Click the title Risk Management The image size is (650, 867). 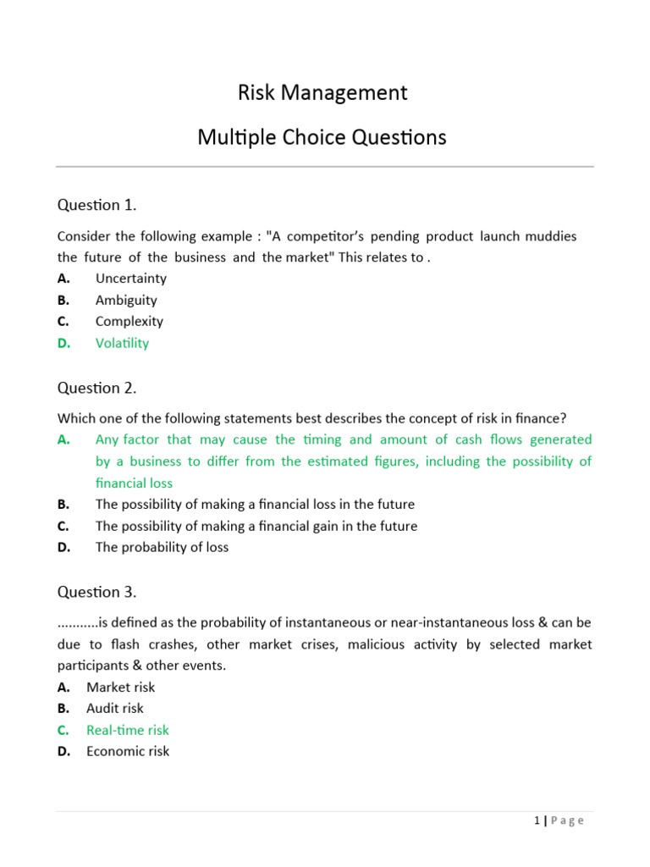pos(322,92)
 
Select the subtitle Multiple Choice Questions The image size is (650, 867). pos(322,137)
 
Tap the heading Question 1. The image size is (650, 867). pos(96,205)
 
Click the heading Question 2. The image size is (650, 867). pos(96,388)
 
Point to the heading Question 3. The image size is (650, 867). pos(96,592)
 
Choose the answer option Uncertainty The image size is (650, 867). pos(131,279)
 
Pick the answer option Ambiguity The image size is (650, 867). pos(126,300)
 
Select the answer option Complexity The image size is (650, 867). pos(129,322)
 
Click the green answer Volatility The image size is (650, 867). pos(122,343)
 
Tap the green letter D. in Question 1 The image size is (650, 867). pos(64,343)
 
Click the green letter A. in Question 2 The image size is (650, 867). pos(64,439)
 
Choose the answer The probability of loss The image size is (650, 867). pos(162,547)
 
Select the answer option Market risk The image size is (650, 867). pos(120,688)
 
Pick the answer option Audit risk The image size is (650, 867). pos(115,709)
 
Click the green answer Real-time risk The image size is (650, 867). pos(128,730)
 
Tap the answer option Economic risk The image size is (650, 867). pos(128,751)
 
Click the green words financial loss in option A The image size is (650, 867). pos(134,483)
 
